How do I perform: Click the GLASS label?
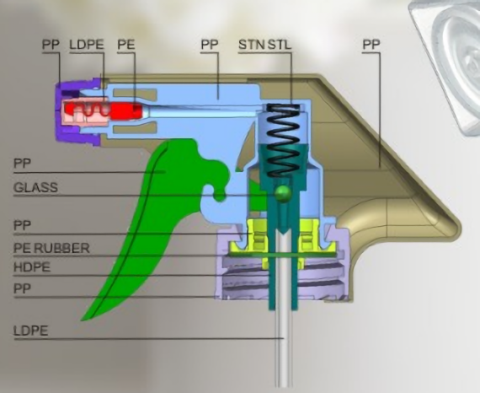(35, 187)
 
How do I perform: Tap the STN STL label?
(264, 45)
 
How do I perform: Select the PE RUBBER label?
(51, 248)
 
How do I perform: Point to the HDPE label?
(32, 267)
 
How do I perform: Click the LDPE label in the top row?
(87, 45)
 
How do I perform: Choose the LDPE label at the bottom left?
(30, 331)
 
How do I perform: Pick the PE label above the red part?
(126, 45)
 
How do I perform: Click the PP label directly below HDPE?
(22, 288)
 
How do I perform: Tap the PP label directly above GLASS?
(22, 163)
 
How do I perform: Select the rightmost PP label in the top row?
(371, 45)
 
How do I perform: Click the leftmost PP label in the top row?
(51, 45)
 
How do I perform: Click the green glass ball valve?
(282, 193)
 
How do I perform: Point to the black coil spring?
(283, 140)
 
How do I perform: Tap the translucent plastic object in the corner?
(450, 62)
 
